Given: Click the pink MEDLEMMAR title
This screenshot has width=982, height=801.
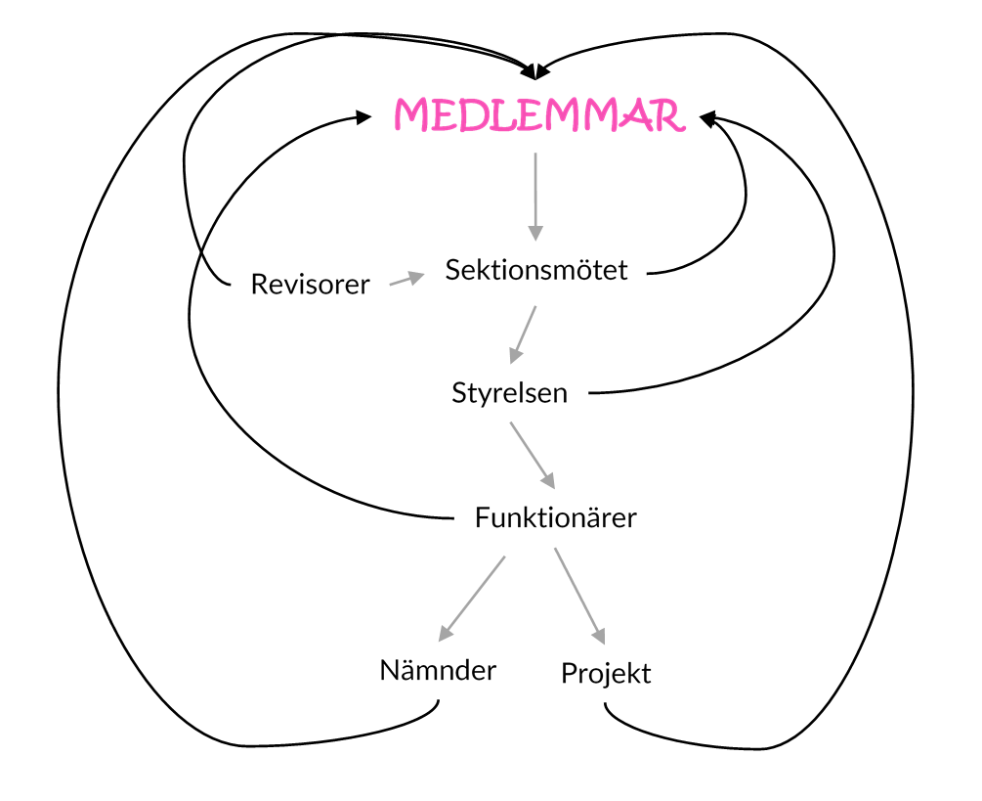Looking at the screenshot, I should point(537,115).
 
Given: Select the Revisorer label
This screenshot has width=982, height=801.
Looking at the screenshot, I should point(310,285).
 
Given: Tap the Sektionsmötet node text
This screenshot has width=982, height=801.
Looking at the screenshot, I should point(536,270).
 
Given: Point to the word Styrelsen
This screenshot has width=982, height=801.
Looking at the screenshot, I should point(509,393).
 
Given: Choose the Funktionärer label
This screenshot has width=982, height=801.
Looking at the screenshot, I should point(555,517).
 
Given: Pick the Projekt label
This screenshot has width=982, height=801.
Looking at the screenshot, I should point(606,673).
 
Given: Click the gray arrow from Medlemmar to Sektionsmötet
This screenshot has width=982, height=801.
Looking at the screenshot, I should point(534,196).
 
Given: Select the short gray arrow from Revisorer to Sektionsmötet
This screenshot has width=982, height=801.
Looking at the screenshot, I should point(406,280).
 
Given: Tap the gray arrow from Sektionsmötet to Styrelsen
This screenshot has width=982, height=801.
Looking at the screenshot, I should point(523,334).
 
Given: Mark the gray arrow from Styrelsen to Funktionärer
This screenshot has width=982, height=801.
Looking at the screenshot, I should point(533,455).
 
